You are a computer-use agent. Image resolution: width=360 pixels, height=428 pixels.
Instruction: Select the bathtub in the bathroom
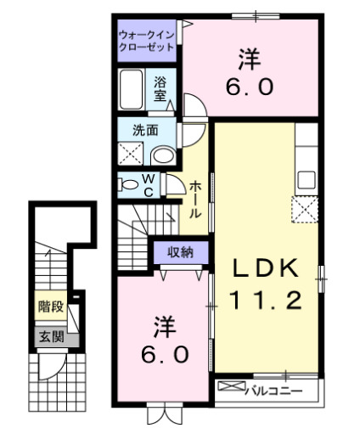coord(132,87)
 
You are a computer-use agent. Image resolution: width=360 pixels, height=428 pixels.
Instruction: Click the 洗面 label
coord(145,131)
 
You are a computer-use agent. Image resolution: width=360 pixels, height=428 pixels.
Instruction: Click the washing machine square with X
coord(132,154)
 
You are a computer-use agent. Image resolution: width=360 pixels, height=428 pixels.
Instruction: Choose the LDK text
coord(267,268)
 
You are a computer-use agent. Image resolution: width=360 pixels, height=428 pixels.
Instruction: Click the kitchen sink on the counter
coord(307,180)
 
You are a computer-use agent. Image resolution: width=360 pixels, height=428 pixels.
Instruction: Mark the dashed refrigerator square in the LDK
coord(305,209)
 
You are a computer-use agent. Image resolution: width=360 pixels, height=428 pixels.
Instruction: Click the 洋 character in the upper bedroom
coord(248,59)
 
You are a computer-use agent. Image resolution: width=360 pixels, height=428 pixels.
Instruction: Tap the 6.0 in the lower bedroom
coord(165,354)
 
